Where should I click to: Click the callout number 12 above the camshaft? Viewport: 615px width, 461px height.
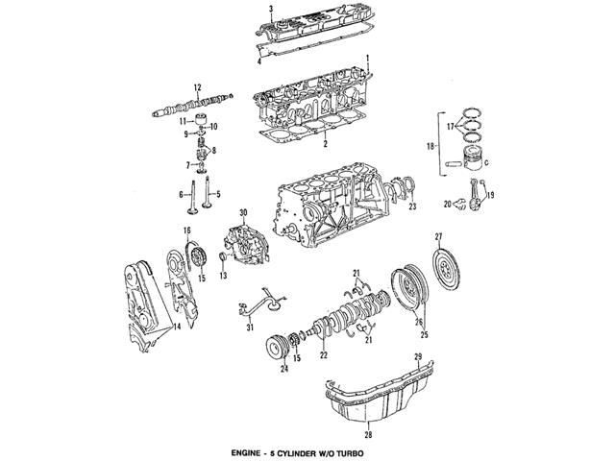tap(196, 86)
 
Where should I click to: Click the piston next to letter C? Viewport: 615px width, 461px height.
tap(468, 163)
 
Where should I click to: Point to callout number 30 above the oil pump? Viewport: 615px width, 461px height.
tap(243, 211)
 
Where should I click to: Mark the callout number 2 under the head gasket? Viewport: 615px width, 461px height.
tap(326, 144)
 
